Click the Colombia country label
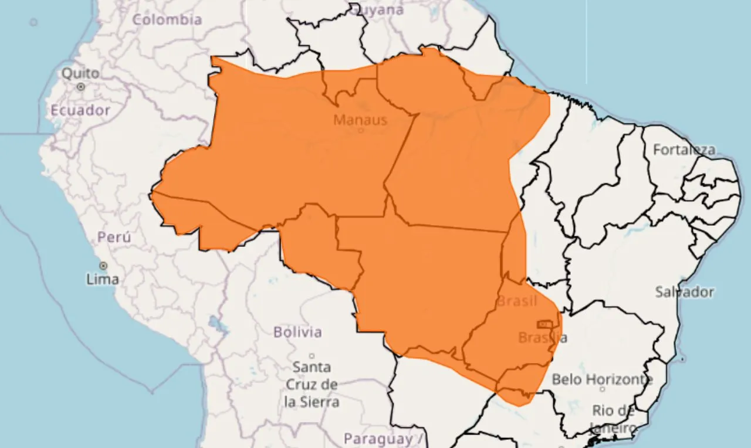167,19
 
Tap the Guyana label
380,10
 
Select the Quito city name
80,74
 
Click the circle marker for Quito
81,87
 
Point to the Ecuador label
80,110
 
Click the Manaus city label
360,120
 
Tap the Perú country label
114,237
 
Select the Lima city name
103,279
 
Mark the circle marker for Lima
103,266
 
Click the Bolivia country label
297,332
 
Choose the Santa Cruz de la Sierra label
312,385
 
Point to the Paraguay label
378,439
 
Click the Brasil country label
516,301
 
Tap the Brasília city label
543,338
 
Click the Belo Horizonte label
602,379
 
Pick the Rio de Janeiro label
613,419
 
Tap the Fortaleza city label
684,150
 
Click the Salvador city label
685,291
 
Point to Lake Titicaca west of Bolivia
216,323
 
